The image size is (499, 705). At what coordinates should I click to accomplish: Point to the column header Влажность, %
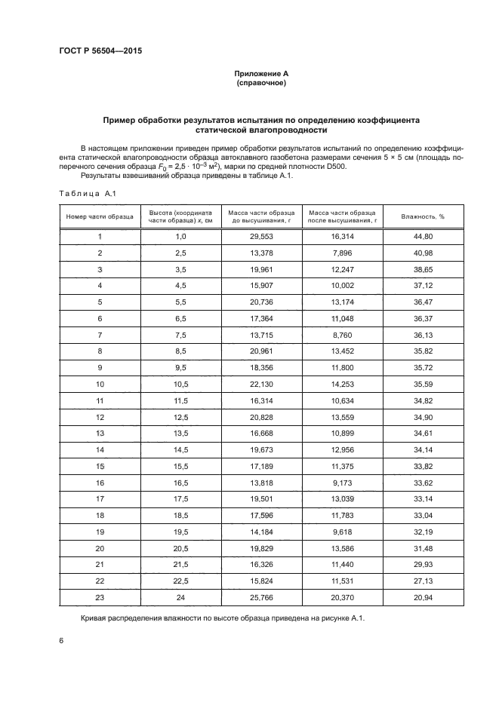coord(423,216)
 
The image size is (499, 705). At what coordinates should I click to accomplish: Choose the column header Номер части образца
coord(100,216)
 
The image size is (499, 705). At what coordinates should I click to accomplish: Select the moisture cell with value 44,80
coord(423,237)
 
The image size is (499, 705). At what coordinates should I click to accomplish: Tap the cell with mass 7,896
coord(343,253)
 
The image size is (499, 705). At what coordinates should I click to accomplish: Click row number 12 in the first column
coord(100,417)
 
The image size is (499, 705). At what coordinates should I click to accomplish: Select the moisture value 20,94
coord(423,597)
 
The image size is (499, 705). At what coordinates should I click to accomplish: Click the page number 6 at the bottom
coord(60,641)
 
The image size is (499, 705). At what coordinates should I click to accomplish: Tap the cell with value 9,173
coord(343,483)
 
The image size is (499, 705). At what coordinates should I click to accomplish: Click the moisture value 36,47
coord(423,302)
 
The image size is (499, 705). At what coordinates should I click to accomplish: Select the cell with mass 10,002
coord(343,286)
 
